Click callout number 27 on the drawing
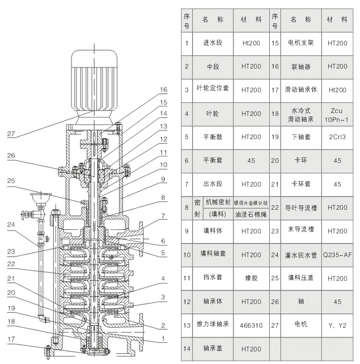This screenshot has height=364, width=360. [x=11, y=134]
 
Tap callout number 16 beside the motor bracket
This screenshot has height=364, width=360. [x=163, y=90]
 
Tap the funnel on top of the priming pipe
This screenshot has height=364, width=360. [x=37, y=196]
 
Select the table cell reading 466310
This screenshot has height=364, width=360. [x=251, y=325]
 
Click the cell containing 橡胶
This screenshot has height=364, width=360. [x=251, y=278]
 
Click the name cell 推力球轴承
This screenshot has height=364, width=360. [x=212, y=325]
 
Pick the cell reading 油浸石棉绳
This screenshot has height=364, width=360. [x=251, y=214]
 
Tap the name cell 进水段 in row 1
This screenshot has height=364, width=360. [x=212, y=43]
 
